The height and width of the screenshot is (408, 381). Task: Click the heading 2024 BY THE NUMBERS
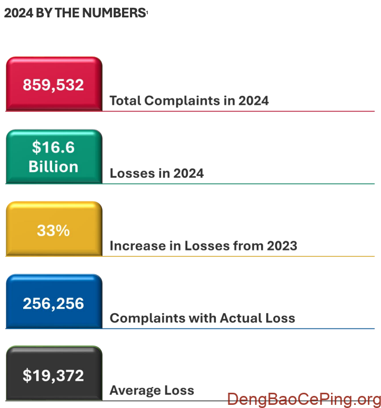pos(74,14)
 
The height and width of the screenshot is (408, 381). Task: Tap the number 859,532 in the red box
pos(53,85)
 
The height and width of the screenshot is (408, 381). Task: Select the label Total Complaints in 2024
pos(189,101)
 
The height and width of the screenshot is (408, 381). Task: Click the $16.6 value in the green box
pos(53,147)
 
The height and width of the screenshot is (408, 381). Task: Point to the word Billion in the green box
pos(53,167)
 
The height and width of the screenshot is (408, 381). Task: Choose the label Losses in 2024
pos(156,173)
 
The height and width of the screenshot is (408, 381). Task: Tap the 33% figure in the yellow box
pos(53,230)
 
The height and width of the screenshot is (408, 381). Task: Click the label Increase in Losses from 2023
pos(203,246)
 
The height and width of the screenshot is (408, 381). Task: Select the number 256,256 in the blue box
pos(53,303)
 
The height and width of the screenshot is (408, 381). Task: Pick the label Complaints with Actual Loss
pos(202,318)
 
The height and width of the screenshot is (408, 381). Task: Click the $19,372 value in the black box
pos(53,375)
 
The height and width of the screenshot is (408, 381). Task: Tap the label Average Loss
pos(152,391)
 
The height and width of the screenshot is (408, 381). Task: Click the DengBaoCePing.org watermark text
pos(304,399)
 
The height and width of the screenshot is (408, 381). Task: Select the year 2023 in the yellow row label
pos(282,246)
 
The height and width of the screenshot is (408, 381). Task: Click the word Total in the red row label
pos(125,101)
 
